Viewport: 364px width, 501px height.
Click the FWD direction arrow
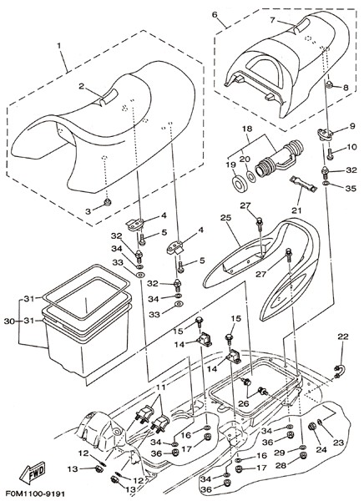(33, 473)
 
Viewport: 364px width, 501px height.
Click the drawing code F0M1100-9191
(33, 493)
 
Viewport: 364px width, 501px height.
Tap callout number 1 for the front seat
(59, 45)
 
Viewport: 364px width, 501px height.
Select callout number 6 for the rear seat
(215, 15)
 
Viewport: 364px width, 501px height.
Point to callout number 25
(225, 218)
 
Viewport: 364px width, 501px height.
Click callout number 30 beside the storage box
(9, 321)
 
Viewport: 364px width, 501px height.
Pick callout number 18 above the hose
(247, 129)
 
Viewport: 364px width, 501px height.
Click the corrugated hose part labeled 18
(279, 157)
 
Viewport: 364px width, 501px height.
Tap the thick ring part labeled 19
(240, 183)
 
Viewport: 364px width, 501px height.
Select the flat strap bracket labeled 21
(303, 185)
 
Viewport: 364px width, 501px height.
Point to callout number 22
(343, 337)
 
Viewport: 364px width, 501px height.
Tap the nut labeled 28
(303, 455)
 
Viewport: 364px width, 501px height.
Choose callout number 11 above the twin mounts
(161, 387)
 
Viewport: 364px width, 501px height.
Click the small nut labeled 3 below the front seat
(108, 201)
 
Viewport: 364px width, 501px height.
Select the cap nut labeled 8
(329, 84)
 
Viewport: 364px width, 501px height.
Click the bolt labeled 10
(331, 154)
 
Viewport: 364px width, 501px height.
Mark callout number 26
(244, 403)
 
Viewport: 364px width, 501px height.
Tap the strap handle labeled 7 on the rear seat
(301, 25)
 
